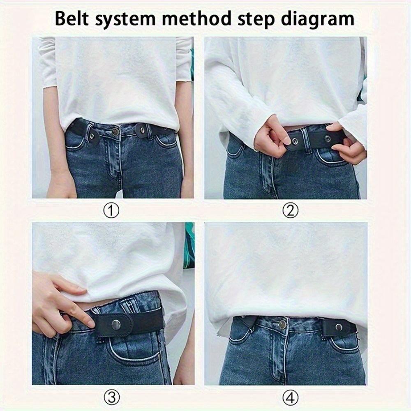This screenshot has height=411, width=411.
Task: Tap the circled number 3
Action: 111,397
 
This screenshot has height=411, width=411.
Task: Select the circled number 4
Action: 290,397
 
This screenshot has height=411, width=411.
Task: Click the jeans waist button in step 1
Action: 115,132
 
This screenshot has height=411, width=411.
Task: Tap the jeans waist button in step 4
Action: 282,324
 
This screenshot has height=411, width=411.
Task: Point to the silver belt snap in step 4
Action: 339,327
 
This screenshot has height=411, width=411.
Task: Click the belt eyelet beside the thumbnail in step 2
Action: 295,142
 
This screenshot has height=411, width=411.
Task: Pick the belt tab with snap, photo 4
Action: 338,328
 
